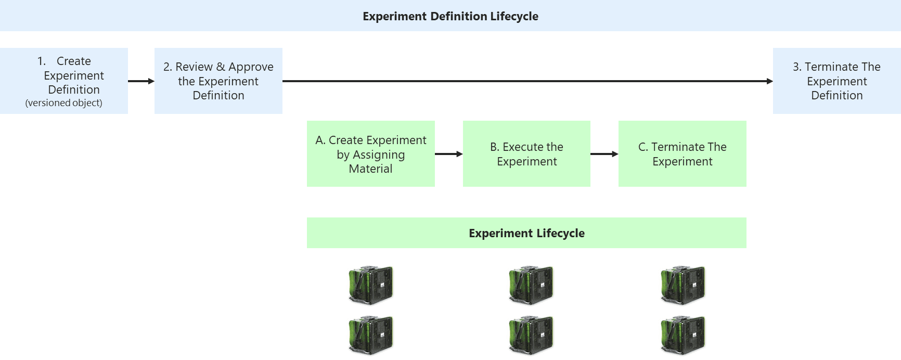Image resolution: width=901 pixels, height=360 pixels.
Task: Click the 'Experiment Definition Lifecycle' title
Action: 450,16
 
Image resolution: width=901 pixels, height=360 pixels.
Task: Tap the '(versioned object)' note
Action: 63,103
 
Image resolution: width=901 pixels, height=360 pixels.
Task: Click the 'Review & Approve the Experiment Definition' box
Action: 218,81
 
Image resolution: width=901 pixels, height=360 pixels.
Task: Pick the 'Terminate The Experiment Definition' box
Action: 836,81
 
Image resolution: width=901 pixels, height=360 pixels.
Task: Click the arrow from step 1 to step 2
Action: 141,81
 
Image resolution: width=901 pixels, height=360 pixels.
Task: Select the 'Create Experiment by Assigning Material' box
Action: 370,154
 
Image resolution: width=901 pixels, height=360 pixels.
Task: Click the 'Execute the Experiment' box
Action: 526,154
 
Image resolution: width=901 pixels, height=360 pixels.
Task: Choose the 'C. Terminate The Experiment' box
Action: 682,154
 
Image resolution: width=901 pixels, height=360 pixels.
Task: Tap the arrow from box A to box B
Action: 448,154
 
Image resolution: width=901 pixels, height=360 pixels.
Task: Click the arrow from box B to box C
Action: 604,154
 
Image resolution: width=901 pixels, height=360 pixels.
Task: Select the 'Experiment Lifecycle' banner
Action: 526,233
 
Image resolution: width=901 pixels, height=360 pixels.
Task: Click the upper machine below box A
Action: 371,285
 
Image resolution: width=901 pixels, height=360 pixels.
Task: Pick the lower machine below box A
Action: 371,335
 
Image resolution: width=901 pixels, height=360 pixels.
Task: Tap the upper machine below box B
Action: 531,285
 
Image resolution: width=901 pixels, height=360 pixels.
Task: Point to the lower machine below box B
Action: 531,335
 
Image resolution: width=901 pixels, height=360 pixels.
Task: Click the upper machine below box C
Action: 683,285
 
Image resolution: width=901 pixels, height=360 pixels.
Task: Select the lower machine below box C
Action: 683,335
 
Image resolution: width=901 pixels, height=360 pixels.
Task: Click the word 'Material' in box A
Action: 370,169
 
